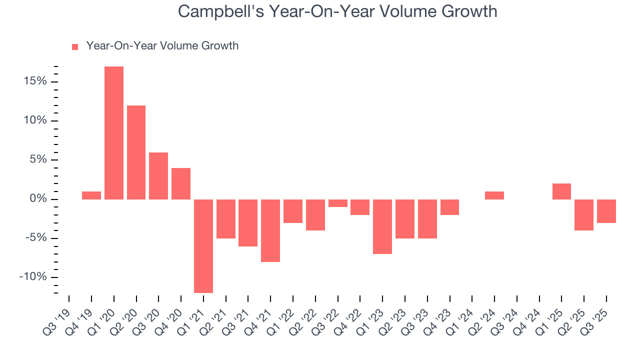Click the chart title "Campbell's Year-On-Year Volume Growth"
[x=337, y=11]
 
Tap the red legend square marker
[x=75, y=46]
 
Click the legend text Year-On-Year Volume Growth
[x=162, y=46]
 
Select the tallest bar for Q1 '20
[x=114, y=133]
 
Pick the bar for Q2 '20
[x=136, y=152]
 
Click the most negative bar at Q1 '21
[x=203, y=246]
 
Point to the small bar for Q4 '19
[x=91, y=195]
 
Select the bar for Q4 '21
[x=270, y=230]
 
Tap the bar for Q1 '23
[x=382, y=226]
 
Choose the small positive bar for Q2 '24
[x=494, y=195]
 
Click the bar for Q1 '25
[x=561, y=191]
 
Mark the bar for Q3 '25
[x=606, y=211]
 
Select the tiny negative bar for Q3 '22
[x=338, y=203]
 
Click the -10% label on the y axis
[x=33, y=277]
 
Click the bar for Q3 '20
[x=158, y=176]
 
